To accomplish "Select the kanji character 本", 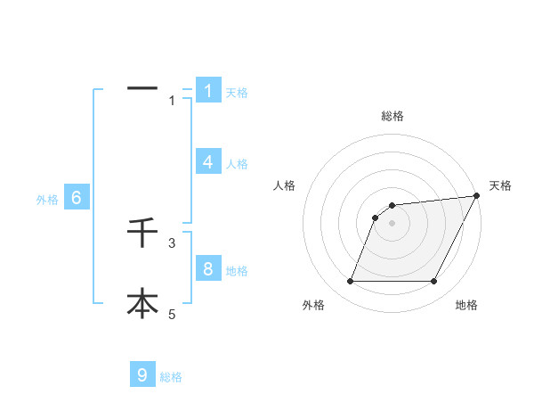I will tap(142, 303).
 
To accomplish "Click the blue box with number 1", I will tap(208, 90).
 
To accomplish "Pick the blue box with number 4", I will tap(208, 161).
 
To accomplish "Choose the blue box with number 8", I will tap(208, 268).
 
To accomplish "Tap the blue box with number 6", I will tap(77, 198).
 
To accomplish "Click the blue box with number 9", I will tap(142, 374).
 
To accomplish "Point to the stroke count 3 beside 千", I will tap(173, 242).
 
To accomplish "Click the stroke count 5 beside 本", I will tap(173, 313).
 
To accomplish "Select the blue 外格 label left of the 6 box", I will tap(47, 200).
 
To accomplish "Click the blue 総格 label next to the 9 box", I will tap(171, 377).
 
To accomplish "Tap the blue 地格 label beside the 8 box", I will tap(237, 271).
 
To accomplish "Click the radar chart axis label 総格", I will tap(392, 116).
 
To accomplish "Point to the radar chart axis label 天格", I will tap(500, 185).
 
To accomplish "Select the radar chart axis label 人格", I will tap(285, 185).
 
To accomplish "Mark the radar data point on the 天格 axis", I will tap(477, 195).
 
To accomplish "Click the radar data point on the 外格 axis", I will tap(351, 281).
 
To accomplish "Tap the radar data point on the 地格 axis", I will tap(434, 281).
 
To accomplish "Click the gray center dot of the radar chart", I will tap(392, 223).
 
